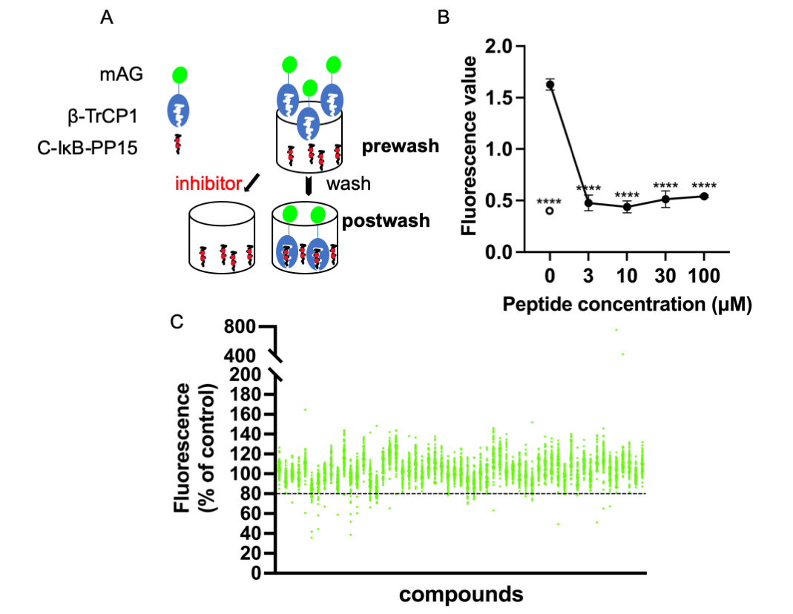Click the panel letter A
[108, 19]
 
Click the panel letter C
[176, 323]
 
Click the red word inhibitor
[208, 183]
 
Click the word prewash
[400, 147]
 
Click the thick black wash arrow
[307, 183]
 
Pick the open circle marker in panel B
[550, 211]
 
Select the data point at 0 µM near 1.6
[550, 85]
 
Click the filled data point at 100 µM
[703, 197]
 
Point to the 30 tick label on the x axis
[665, 277]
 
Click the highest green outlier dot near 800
[616, 330]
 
